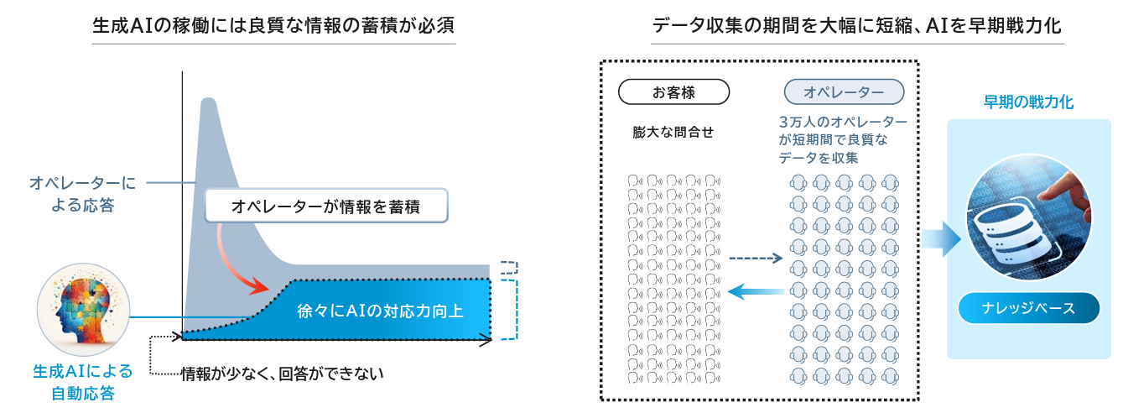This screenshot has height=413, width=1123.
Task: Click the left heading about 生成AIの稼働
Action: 274,26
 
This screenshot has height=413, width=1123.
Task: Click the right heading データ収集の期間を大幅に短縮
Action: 855,26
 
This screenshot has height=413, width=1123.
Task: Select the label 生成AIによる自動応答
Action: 83,381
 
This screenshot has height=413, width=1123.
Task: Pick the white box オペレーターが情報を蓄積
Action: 325,206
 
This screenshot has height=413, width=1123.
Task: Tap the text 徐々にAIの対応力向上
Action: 380,311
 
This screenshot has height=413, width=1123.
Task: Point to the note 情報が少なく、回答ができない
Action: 282,373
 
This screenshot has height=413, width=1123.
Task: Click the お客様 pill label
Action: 673,91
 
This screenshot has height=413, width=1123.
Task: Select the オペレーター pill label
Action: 843,91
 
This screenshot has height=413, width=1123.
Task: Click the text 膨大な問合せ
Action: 673,132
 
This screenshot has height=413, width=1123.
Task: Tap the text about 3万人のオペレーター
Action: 842,139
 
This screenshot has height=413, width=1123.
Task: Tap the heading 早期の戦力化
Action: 1028,102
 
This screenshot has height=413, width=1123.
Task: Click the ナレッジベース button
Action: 1028,308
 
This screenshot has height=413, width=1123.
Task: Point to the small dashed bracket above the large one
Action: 509,269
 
